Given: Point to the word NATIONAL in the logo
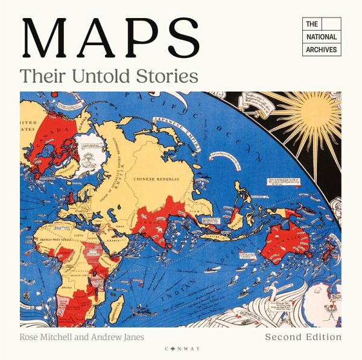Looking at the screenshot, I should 321,37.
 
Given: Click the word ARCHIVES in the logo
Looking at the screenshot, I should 321,49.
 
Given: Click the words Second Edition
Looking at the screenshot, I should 303,336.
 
